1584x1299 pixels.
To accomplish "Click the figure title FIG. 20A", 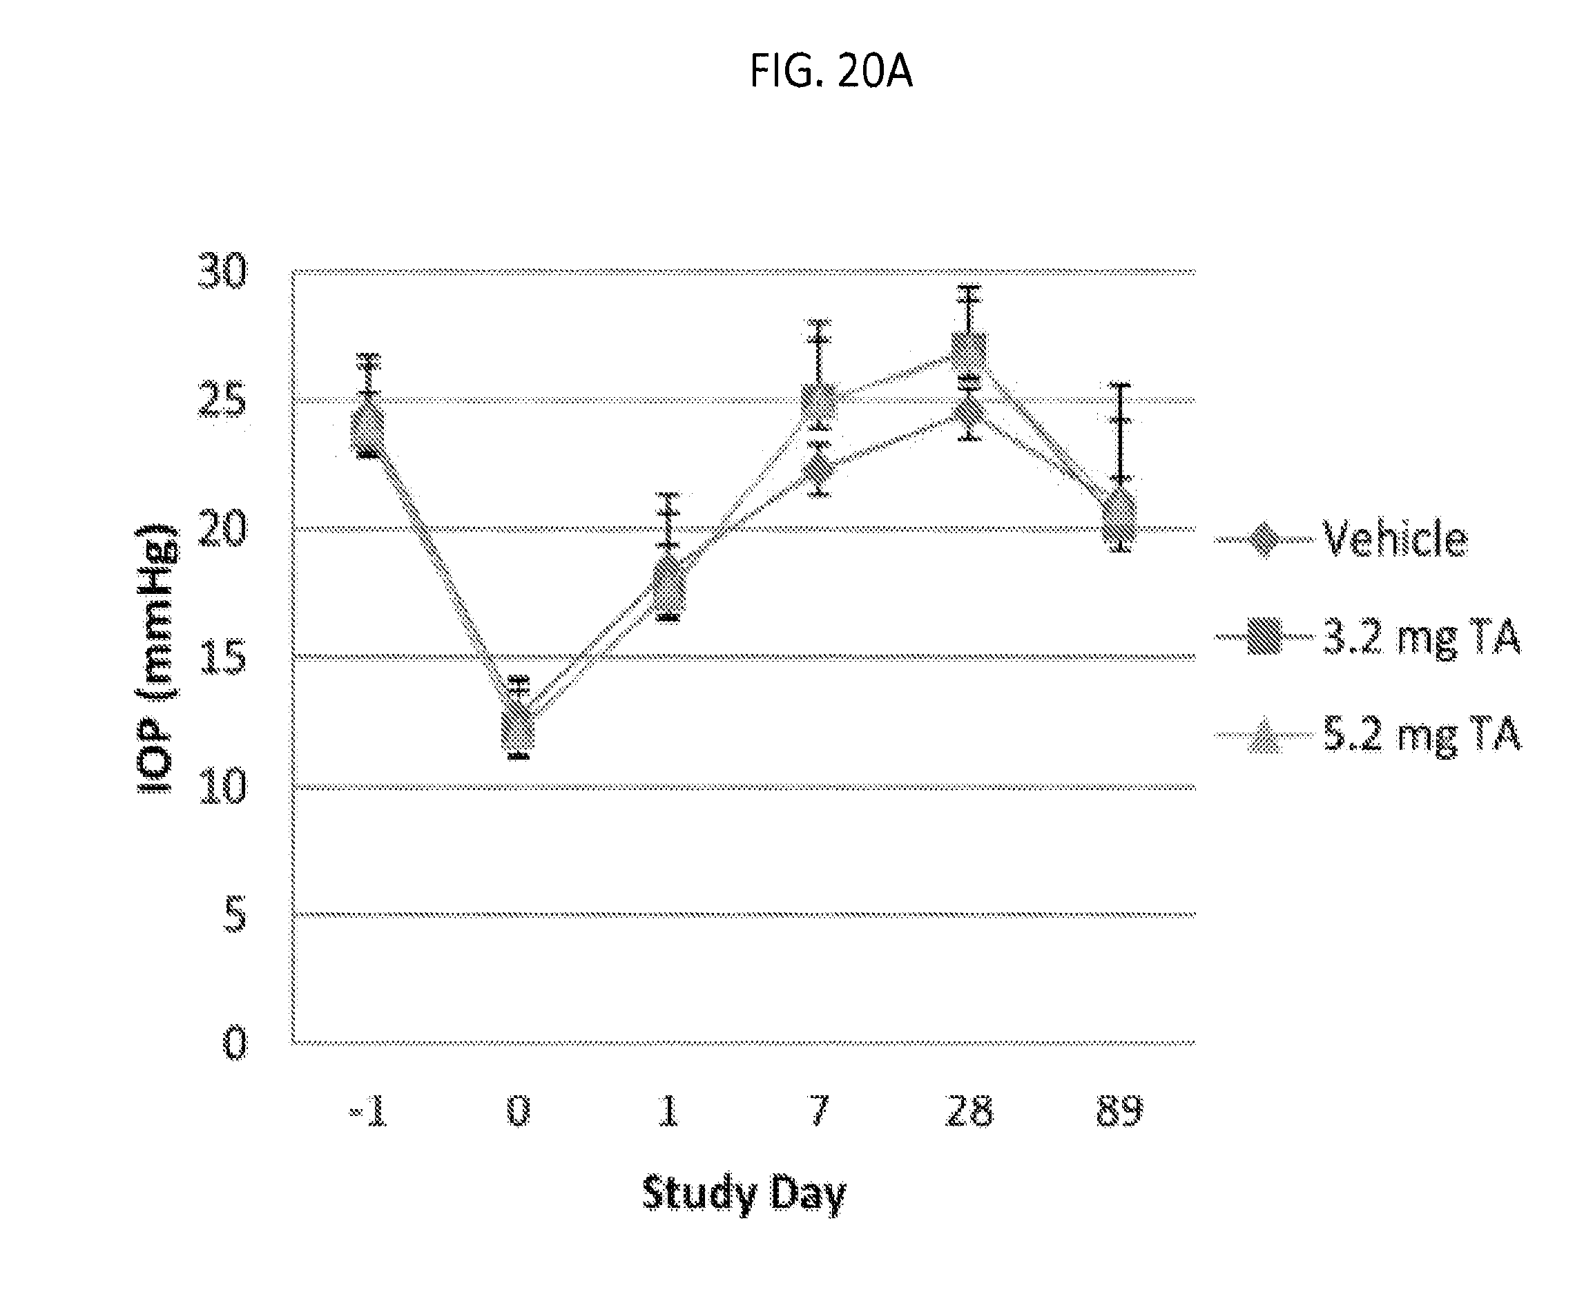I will [831, 73].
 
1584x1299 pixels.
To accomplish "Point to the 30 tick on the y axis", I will [222, 271].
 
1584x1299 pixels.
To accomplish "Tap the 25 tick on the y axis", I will [222, 401].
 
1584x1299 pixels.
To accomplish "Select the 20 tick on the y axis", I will [222, 529].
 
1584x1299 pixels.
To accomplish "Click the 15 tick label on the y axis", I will [222, 657].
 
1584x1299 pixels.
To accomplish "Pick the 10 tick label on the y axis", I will [222, 787].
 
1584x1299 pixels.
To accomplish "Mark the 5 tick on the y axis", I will [234, 915].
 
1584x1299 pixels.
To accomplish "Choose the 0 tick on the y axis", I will [234, 1043].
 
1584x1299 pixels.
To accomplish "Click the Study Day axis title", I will [744, 1193].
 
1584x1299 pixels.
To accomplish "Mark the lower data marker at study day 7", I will [820, 468].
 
